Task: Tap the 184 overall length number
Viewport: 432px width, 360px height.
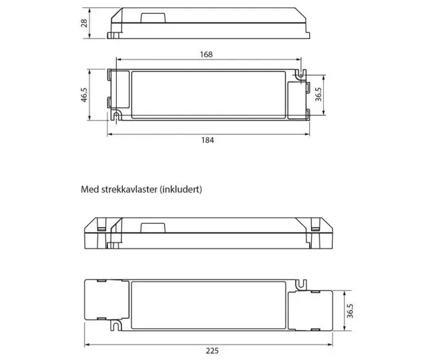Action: click(x=207, y=140)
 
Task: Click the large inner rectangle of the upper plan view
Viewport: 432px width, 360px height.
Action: click(x=209, y=97)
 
